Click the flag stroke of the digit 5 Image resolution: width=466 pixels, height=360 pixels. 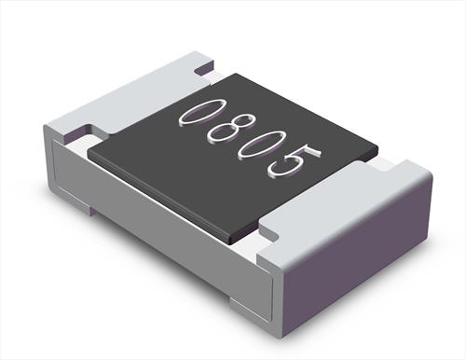pyautogui.click(x=313, y=150)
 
